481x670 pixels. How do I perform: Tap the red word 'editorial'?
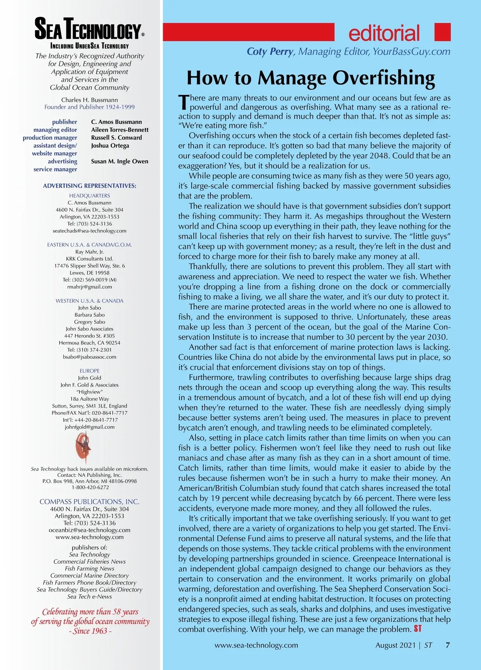384,33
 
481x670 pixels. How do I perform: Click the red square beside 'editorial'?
443,32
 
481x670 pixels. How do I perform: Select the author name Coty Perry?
270,52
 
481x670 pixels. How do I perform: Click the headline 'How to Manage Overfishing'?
311,78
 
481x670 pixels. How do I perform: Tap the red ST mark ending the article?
418,629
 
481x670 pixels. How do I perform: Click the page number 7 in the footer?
448,645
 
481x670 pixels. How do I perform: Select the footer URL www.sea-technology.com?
256,645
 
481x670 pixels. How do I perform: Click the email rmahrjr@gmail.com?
89,287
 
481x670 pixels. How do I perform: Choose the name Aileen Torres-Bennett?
119,130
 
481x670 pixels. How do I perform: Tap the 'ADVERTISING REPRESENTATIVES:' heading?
89,186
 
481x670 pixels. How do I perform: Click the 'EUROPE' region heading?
89,371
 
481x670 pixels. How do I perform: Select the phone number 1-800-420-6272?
90,487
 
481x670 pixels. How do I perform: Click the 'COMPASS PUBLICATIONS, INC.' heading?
89,502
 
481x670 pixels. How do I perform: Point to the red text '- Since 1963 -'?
90,631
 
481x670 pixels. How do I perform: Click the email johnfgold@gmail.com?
89,427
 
